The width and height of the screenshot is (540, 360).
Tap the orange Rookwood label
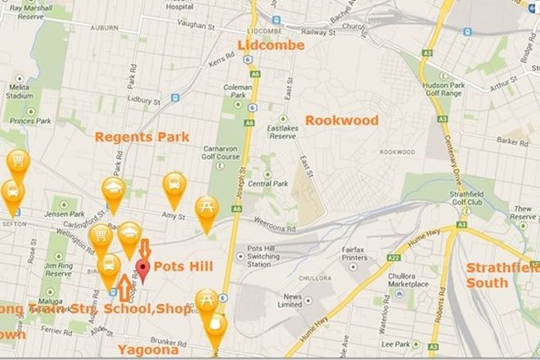(x=342, y=120)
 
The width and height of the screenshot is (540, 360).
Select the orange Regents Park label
(x=142, y=137)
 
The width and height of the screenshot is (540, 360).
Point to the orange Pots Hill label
(x=183, y=267)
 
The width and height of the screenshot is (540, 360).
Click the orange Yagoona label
(x=147, y=349)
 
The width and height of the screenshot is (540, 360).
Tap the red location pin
(x=143, y=270)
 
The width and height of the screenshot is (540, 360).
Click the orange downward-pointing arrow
(x=145, y=248)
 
